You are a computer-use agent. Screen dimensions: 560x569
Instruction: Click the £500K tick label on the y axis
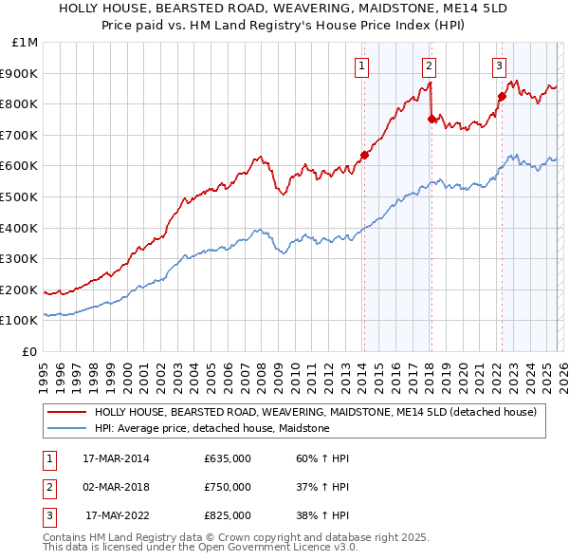tap(19, 196)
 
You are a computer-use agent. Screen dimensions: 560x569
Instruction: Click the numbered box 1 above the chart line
tap(363, 65)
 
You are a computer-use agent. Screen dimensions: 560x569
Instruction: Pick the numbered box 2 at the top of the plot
tap(430, 65)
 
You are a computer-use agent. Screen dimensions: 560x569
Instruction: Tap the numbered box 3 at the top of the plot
tap(499, 65)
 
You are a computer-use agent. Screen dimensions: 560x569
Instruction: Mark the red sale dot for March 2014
tap(364, 156)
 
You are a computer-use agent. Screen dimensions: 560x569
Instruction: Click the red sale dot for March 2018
tap(431, 120)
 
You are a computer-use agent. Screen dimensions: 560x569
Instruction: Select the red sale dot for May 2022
tap(502, 96)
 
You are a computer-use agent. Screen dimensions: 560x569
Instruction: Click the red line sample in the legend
tap(66, 412)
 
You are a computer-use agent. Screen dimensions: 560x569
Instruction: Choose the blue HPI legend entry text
tap(211, 429)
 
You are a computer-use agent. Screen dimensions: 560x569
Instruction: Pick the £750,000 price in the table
tap(227, 487)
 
